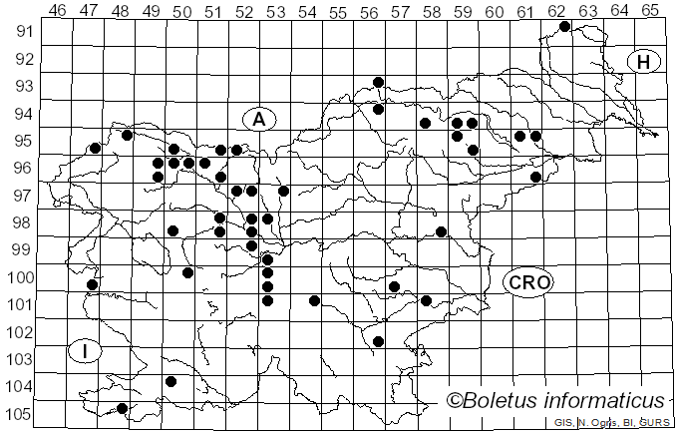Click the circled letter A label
coord(258,120)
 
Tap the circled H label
coord(644,62)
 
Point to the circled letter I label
coord(86,351)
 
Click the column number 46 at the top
coord(58,10)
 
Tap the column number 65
coord(649,10)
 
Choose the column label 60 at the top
coord(494,10)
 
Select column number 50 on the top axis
coord(181,10)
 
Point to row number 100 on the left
coord(21,277)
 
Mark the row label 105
coord(21,414)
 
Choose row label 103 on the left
coord(21,359)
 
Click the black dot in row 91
coord(564,26)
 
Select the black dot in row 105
coord(123,408)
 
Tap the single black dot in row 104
coord(170,381)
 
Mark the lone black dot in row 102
coord(378,341)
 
